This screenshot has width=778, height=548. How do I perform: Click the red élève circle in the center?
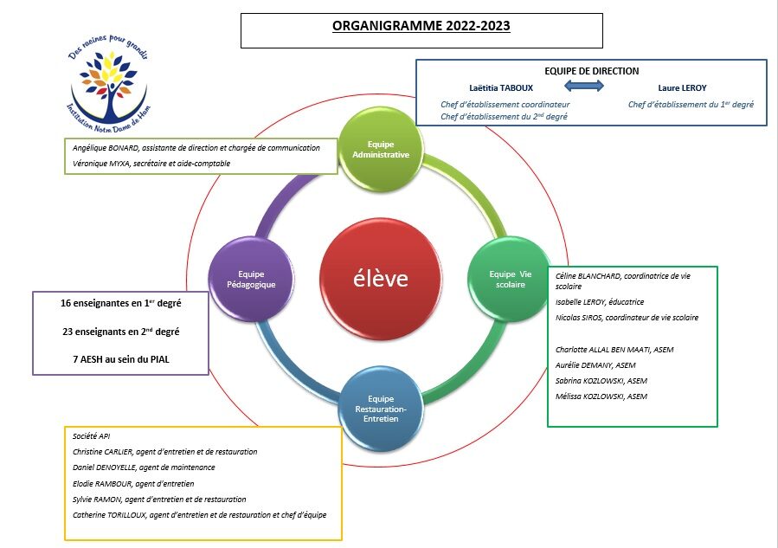click(x=381, y=279)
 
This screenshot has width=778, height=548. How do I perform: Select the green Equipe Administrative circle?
click(x=381, y=149)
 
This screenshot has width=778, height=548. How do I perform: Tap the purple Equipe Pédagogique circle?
click(x=251, y=279)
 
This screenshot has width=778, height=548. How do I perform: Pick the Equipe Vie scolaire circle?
click(x=510, y=279)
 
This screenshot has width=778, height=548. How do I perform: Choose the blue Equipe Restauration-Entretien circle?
click(x=381, y=409)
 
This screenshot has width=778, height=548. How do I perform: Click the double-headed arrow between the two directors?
click(x=584, y=86)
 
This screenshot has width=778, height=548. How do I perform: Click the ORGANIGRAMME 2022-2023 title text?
click(x=421, y=26)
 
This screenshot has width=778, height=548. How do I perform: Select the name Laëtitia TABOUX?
click(x=501, y=87)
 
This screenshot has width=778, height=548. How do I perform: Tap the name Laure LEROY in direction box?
click(x=682, y=87)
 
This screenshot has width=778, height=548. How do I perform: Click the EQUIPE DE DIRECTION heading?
click(x=591, y=71)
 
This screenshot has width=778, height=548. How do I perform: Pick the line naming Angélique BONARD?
click(x=196, y=148)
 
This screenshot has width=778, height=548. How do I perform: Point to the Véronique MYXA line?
click(x=151, y=164)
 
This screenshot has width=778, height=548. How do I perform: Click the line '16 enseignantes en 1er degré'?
click(x=120, y=303)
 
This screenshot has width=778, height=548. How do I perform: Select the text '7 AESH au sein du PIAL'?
click(x=121, y=359)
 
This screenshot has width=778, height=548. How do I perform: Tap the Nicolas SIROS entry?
click(x=627, y=318)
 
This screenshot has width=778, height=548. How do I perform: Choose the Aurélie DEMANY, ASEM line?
click(x=595, y=365)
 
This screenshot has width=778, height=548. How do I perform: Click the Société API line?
click(x=91, y=436)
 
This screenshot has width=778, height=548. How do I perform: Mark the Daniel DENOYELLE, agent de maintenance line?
click(x=144, y=467)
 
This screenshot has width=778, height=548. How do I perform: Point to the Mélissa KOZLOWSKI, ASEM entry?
click(x=601, y=396)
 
